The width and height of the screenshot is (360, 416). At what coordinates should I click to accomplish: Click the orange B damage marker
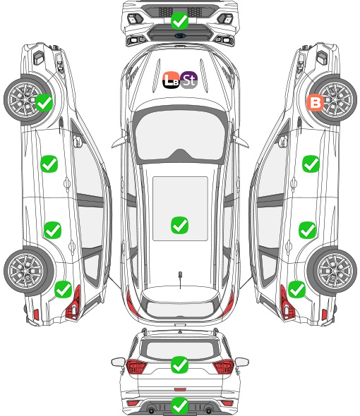(x=316, y=103)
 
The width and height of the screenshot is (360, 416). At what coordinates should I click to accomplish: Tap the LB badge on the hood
(x=172, y=80)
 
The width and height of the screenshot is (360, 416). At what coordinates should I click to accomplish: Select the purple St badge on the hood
(x=188, y=80)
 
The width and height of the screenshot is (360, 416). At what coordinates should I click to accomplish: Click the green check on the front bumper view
(x=180, y=20)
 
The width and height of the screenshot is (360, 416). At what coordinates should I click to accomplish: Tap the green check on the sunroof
(x=180, y=225)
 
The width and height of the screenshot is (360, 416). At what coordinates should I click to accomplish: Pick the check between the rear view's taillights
(x=180, y=365)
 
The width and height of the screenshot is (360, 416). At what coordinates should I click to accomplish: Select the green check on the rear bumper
(x=180, y=405)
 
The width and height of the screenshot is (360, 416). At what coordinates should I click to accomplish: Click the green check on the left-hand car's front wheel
(x=44, y=103)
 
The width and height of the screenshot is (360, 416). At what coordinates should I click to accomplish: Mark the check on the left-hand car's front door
(x=49, y=164)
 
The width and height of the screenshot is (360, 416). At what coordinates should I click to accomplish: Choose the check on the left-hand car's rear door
(x=53, y=230)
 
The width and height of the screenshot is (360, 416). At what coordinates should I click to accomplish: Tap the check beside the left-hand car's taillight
(x=64, y=289)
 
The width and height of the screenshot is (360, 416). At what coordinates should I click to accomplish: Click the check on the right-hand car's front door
(x=311, y=164)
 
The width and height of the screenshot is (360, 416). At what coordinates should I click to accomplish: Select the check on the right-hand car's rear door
(x=307, y=230)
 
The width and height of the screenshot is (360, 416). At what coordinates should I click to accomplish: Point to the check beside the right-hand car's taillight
(x=296, y=289)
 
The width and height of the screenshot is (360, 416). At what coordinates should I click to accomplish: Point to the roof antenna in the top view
(x=180, y=278)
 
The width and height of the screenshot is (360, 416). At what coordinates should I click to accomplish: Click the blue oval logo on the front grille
(x=180, y=35)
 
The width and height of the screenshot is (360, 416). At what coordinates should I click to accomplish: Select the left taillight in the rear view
(x=136, y=367)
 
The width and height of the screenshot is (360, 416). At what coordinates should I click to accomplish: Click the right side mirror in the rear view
(x=242, y=362)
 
